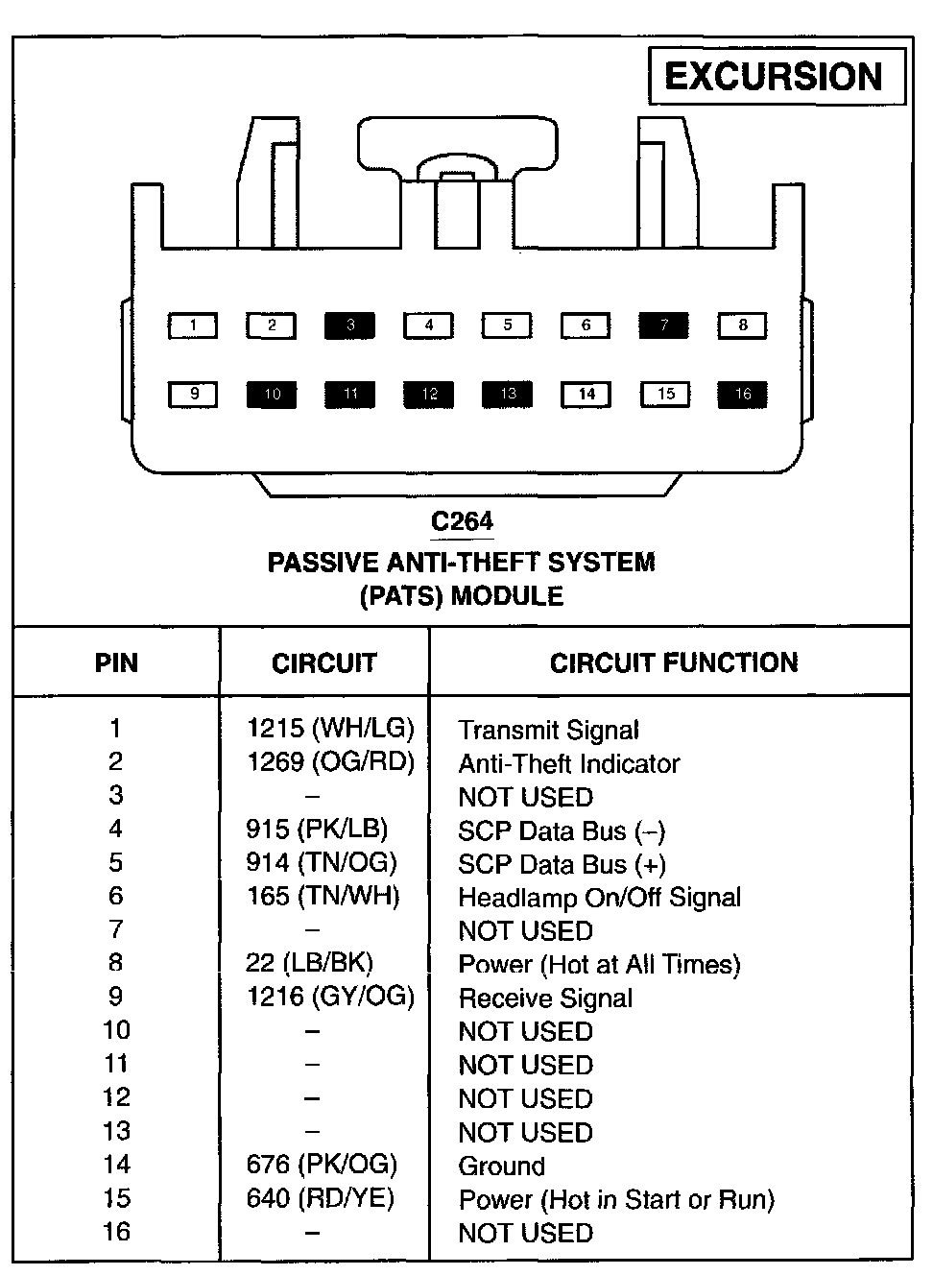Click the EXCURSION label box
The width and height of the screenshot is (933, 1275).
click(777, 76)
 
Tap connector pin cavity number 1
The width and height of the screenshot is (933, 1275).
click(193, 325)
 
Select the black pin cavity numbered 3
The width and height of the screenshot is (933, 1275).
click(349, 325)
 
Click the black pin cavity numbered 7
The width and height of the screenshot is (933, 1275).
click(664, 325)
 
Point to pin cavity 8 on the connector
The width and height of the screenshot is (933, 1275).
click(742, 325)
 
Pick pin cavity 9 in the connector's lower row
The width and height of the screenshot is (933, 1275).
click(193, 394)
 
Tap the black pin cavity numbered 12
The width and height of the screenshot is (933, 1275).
click(428, 394)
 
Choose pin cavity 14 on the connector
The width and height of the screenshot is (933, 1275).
click(586, 394)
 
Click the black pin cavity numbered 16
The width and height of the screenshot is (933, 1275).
click(742, 394)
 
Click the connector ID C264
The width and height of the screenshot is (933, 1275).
click(462, 520)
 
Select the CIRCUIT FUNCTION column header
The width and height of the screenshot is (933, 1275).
click(674, 663)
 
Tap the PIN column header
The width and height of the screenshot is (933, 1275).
click(116, 663)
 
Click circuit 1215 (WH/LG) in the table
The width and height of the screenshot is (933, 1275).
click(330, 728)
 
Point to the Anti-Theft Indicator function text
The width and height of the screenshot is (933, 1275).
click(569, 764)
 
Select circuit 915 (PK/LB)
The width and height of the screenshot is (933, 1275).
click(317, 829)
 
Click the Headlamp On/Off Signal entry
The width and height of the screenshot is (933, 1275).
click(600, 898)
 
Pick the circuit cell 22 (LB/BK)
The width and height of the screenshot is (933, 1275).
click(309, 963)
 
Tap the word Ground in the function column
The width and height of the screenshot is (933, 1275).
click(502, 1166)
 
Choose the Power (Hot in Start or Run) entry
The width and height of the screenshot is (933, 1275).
click(616, 1200)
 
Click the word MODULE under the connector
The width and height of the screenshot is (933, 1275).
click(507, 596)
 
